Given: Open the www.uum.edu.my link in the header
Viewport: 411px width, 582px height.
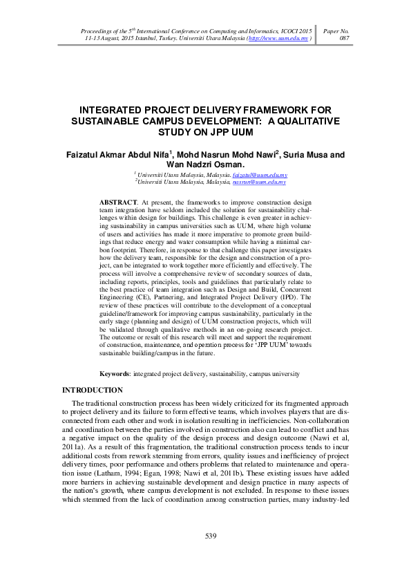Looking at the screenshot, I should (x=280, y=39).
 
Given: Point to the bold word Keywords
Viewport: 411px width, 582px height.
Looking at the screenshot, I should (x=116, y=374).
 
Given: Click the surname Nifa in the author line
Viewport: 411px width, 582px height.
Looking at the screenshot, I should (x=157, y=155).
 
